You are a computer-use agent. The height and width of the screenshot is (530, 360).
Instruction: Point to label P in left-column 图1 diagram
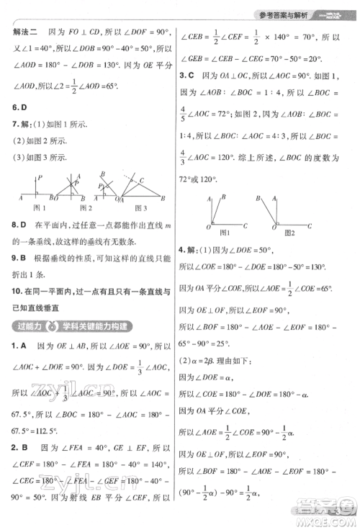tap(42, 176)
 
